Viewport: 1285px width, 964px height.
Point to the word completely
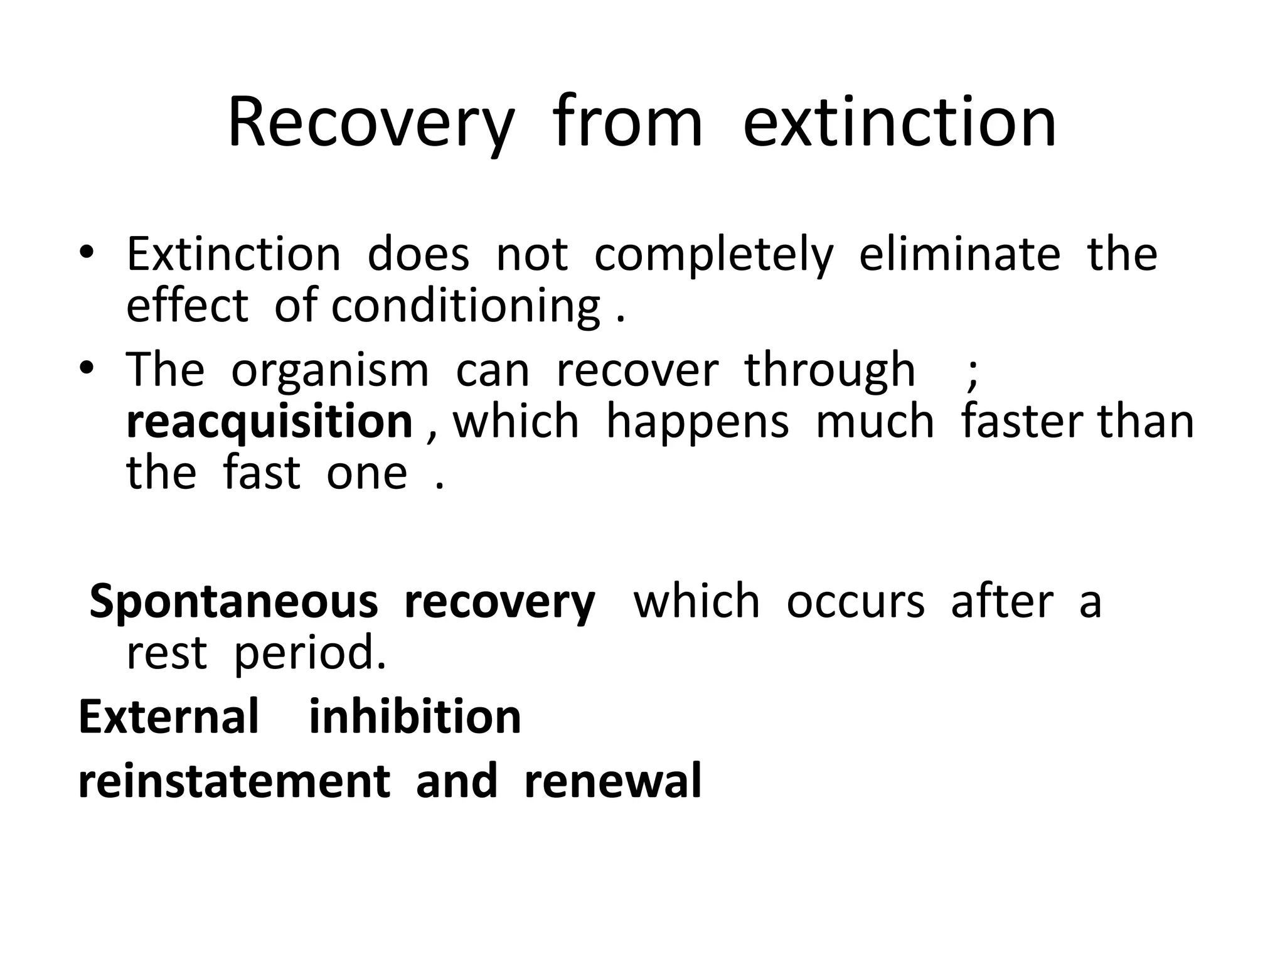(713, 255)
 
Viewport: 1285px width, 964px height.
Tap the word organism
(329, 370)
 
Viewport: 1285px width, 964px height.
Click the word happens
(697, 422)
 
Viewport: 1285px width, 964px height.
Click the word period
(309, 654)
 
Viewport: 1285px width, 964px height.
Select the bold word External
(168, 717)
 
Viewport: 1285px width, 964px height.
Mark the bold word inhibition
(415, 717)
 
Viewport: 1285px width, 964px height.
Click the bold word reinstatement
(234, 781)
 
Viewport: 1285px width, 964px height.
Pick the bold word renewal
(612, 781)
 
